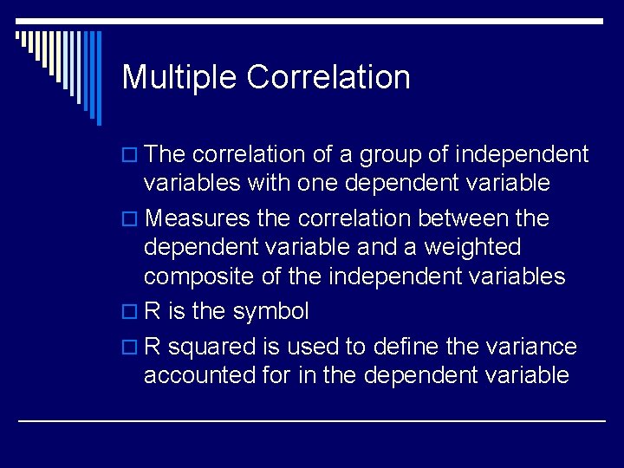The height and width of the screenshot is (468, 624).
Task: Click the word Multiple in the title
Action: click(x=179, y=77)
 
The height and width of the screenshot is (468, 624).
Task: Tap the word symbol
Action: click(x=271, y=311)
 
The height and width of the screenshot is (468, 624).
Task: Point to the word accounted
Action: click(x=196, y=375)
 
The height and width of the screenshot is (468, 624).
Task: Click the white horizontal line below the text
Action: click(x=312, y=420)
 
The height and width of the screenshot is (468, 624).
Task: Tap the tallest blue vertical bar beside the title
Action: click(x=98, y=78)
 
